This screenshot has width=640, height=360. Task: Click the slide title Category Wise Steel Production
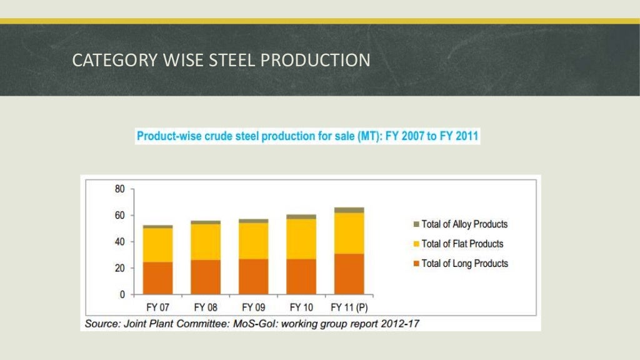click(221, 61)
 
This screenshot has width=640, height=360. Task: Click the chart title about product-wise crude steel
click(308, 136)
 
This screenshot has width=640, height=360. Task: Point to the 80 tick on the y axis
click(119, 189)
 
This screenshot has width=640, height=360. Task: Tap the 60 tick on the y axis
click(119, 216)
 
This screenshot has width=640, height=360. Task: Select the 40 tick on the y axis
click(119, 242)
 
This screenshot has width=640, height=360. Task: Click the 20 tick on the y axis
click(119, 268)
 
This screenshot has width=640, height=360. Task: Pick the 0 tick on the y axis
click(122, 294)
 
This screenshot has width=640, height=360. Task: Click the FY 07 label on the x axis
click(157, 307)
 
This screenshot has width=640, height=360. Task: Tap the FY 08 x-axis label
click(205, 307)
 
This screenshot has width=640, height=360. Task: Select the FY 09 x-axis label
click(253, 307)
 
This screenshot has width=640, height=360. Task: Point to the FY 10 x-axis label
click(301, 307)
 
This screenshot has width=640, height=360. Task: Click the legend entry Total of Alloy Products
click(464, 224)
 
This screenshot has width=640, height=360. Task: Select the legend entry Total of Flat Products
click(462, 244)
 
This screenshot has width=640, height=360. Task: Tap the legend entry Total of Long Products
click(464, 264)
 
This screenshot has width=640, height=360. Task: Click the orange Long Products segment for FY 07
click(157, 278)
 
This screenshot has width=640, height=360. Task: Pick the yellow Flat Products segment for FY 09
click(253, 241)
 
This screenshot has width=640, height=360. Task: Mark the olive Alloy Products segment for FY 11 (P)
click(349, 210)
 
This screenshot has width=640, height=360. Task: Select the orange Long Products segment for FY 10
click(301, 276)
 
